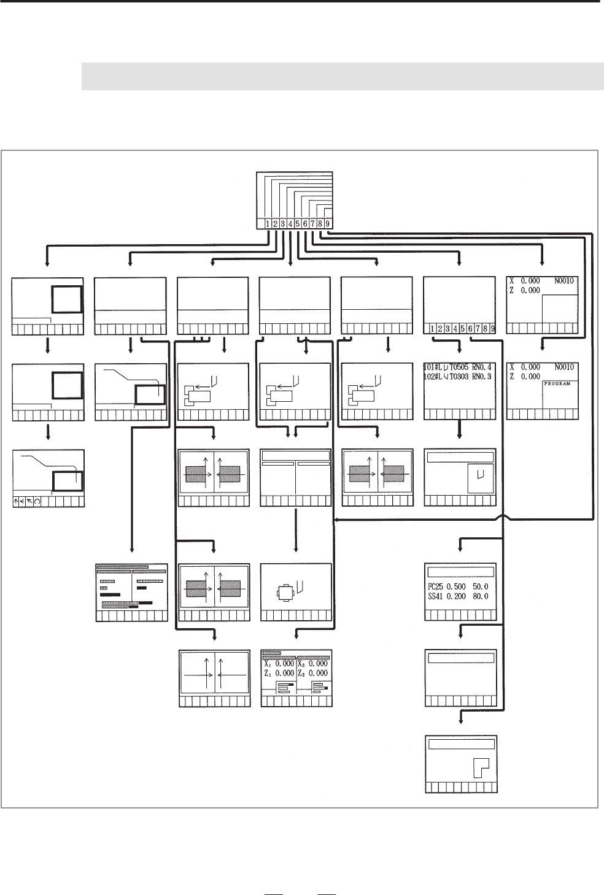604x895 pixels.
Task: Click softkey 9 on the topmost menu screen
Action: pos(328,224)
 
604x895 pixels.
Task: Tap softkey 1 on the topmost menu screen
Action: pos(269,224)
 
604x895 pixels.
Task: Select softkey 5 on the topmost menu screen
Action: pos(298,224)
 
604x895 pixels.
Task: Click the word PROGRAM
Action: pos(557,383)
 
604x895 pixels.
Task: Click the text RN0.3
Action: pos(479,377)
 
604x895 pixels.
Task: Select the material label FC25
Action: pos(436,587)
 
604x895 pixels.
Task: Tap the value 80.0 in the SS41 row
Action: pos(479,596)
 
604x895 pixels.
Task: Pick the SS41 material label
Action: pos(436,596)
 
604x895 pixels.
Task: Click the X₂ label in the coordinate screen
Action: pos(302,664)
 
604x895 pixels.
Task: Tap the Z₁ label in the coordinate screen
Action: pos(268,673)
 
